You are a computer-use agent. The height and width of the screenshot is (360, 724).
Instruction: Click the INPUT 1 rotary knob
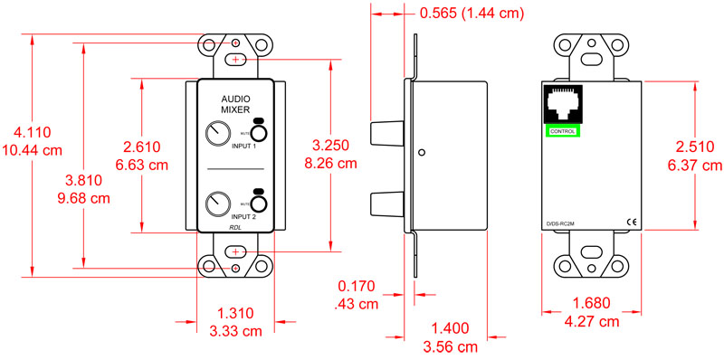point(217,136)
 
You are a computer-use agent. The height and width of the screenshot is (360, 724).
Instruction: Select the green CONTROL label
point(562,131)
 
